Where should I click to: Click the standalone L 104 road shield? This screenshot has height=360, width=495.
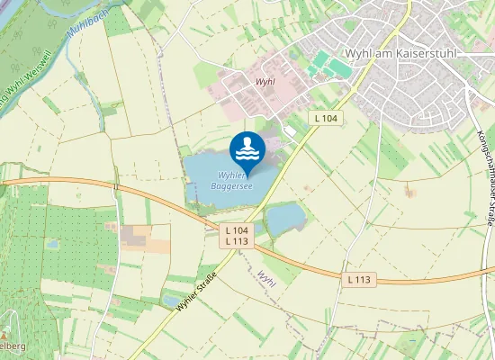coord(326,118)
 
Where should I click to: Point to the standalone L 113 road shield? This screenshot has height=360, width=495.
coord(358,280)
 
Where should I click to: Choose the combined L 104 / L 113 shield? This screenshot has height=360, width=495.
coord(238,236)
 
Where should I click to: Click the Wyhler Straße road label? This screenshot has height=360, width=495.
coord(197,292)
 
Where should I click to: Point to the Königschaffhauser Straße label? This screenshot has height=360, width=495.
coord(486,170)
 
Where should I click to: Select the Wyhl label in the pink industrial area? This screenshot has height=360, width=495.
coord(265,82)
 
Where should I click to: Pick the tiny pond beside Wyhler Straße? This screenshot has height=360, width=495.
coord(172,301)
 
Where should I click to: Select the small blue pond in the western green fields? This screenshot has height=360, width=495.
coord(52,244)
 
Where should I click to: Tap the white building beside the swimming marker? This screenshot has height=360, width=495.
coord(290,132)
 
